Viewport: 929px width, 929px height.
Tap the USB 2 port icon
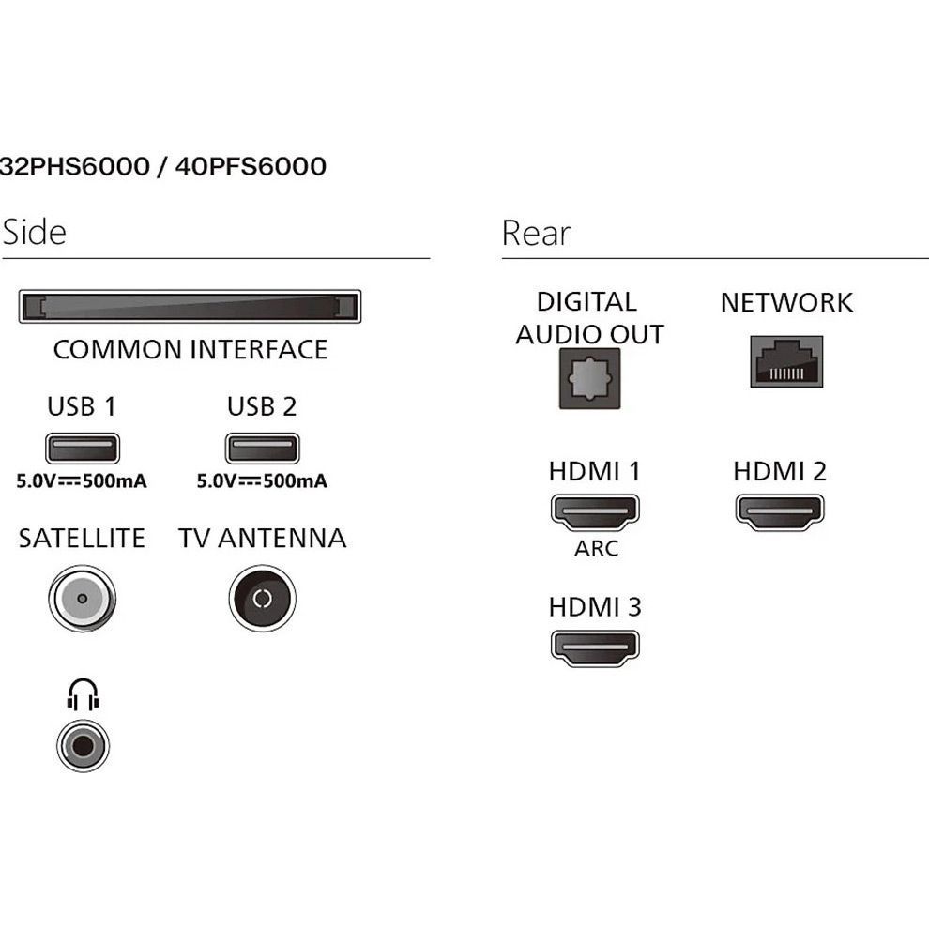click(262, 449)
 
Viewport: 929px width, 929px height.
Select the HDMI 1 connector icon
click(594, 511)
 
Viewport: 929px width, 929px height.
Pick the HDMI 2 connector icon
click(780, 511)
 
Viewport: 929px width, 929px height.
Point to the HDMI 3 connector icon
click(594, 647)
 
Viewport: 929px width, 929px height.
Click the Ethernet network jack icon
click(786, 361)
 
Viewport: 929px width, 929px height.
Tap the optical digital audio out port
click(588, 378)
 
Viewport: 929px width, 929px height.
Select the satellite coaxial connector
click(82, 598)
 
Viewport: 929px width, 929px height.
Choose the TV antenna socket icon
click(262, 598)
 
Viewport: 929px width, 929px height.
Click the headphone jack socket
click(83, 746)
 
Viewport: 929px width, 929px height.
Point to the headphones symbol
click(83, 695)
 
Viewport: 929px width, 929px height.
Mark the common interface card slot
click(190, 307)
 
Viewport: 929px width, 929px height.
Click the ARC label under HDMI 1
click(596, 548)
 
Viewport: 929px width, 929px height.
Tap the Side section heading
click(35, 232)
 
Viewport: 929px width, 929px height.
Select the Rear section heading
click(536, 232)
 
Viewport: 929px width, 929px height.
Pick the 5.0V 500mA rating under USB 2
click(262, 481)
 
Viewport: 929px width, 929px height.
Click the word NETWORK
click(786, 302)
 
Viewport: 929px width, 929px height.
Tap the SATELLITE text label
click(82, 539)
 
